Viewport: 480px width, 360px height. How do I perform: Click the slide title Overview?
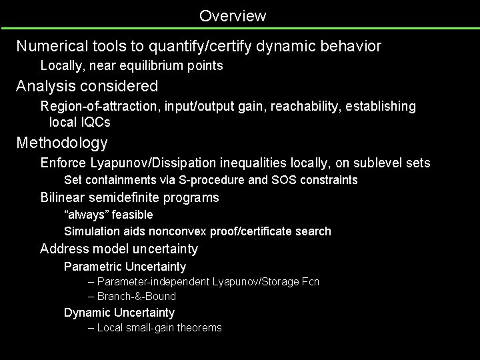coord(232,15)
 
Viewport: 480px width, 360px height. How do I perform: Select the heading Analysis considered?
coord(87,86)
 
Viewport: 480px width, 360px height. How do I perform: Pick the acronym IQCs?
coord(95,122)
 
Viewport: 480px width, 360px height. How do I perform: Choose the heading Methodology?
coord(62,143)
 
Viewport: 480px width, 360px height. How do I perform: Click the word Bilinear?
coord(61,197)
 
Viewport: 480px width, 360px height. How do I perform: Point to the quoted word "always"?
coord(86,215)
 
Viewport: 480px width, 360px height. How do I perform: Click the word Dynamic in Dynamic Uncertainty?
coord(87,313)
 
